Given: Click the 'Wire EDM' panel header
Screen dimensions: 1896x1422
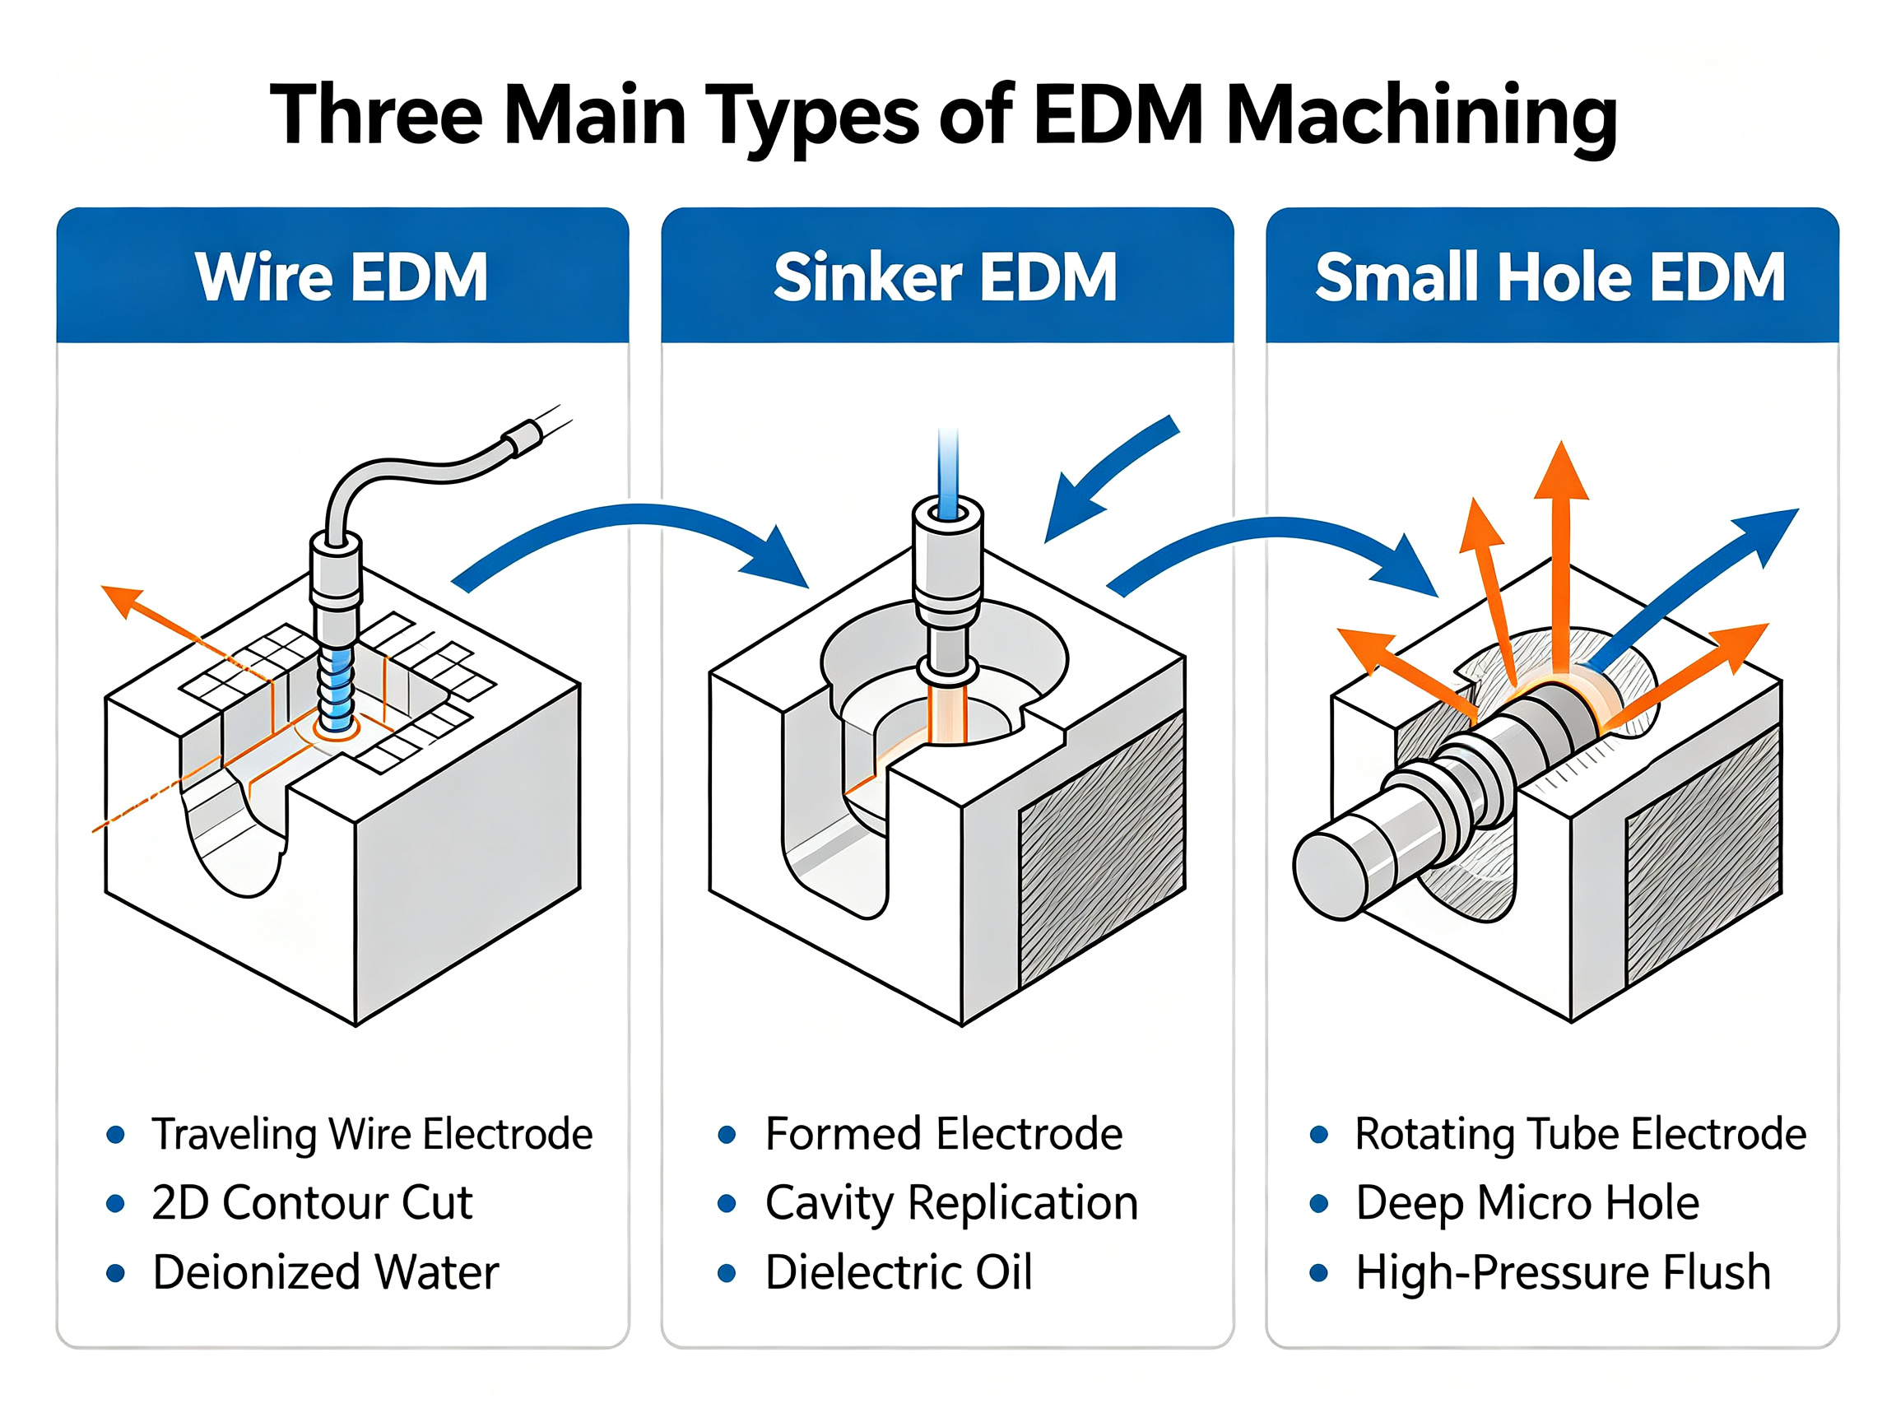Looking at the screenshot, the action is coord(342,276).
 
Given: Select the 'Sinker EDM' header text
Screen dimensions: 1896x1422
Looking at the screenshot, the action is coord(946,276).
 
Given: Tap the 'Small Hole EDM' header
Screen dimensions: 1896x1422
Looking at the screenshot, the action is coord(1550,276).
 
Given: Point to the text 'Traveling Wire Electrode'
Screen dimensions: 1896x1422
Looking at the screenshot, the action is coord(372,1134).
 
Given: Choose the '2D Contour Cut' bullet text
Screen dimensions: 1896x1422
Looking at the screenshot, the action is coord(312,1202).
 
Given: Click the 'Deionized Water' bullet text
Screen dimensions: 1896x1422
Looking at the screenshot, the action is coord(326,1272).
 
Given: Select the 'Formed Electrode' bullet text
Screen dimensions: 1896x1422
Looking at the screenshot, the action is coord(944,1134).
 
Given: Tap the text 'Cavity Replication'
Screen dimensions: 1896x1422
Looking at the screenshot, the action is coord(951,1203).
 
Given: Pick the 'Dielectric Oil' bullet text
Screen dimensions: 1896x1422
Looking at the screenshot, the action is coord(899,1272).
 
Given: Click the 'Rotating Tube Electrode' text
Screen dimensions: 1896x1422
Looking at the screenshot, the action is coord(1581,1134).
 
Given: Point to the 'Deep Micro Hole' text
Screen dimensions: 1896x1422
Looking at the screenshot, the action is coord(1527,1203).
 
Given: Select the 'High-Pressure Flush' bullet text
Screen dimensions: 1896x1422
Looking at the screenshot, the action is coord(1564,1272).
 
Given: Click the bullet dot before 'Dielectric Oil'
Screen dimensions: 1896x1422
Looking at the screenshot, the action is coord(727,1273).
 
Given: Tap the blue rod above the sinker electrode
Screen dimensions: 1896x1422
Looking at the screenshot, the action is coord(948,473).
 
